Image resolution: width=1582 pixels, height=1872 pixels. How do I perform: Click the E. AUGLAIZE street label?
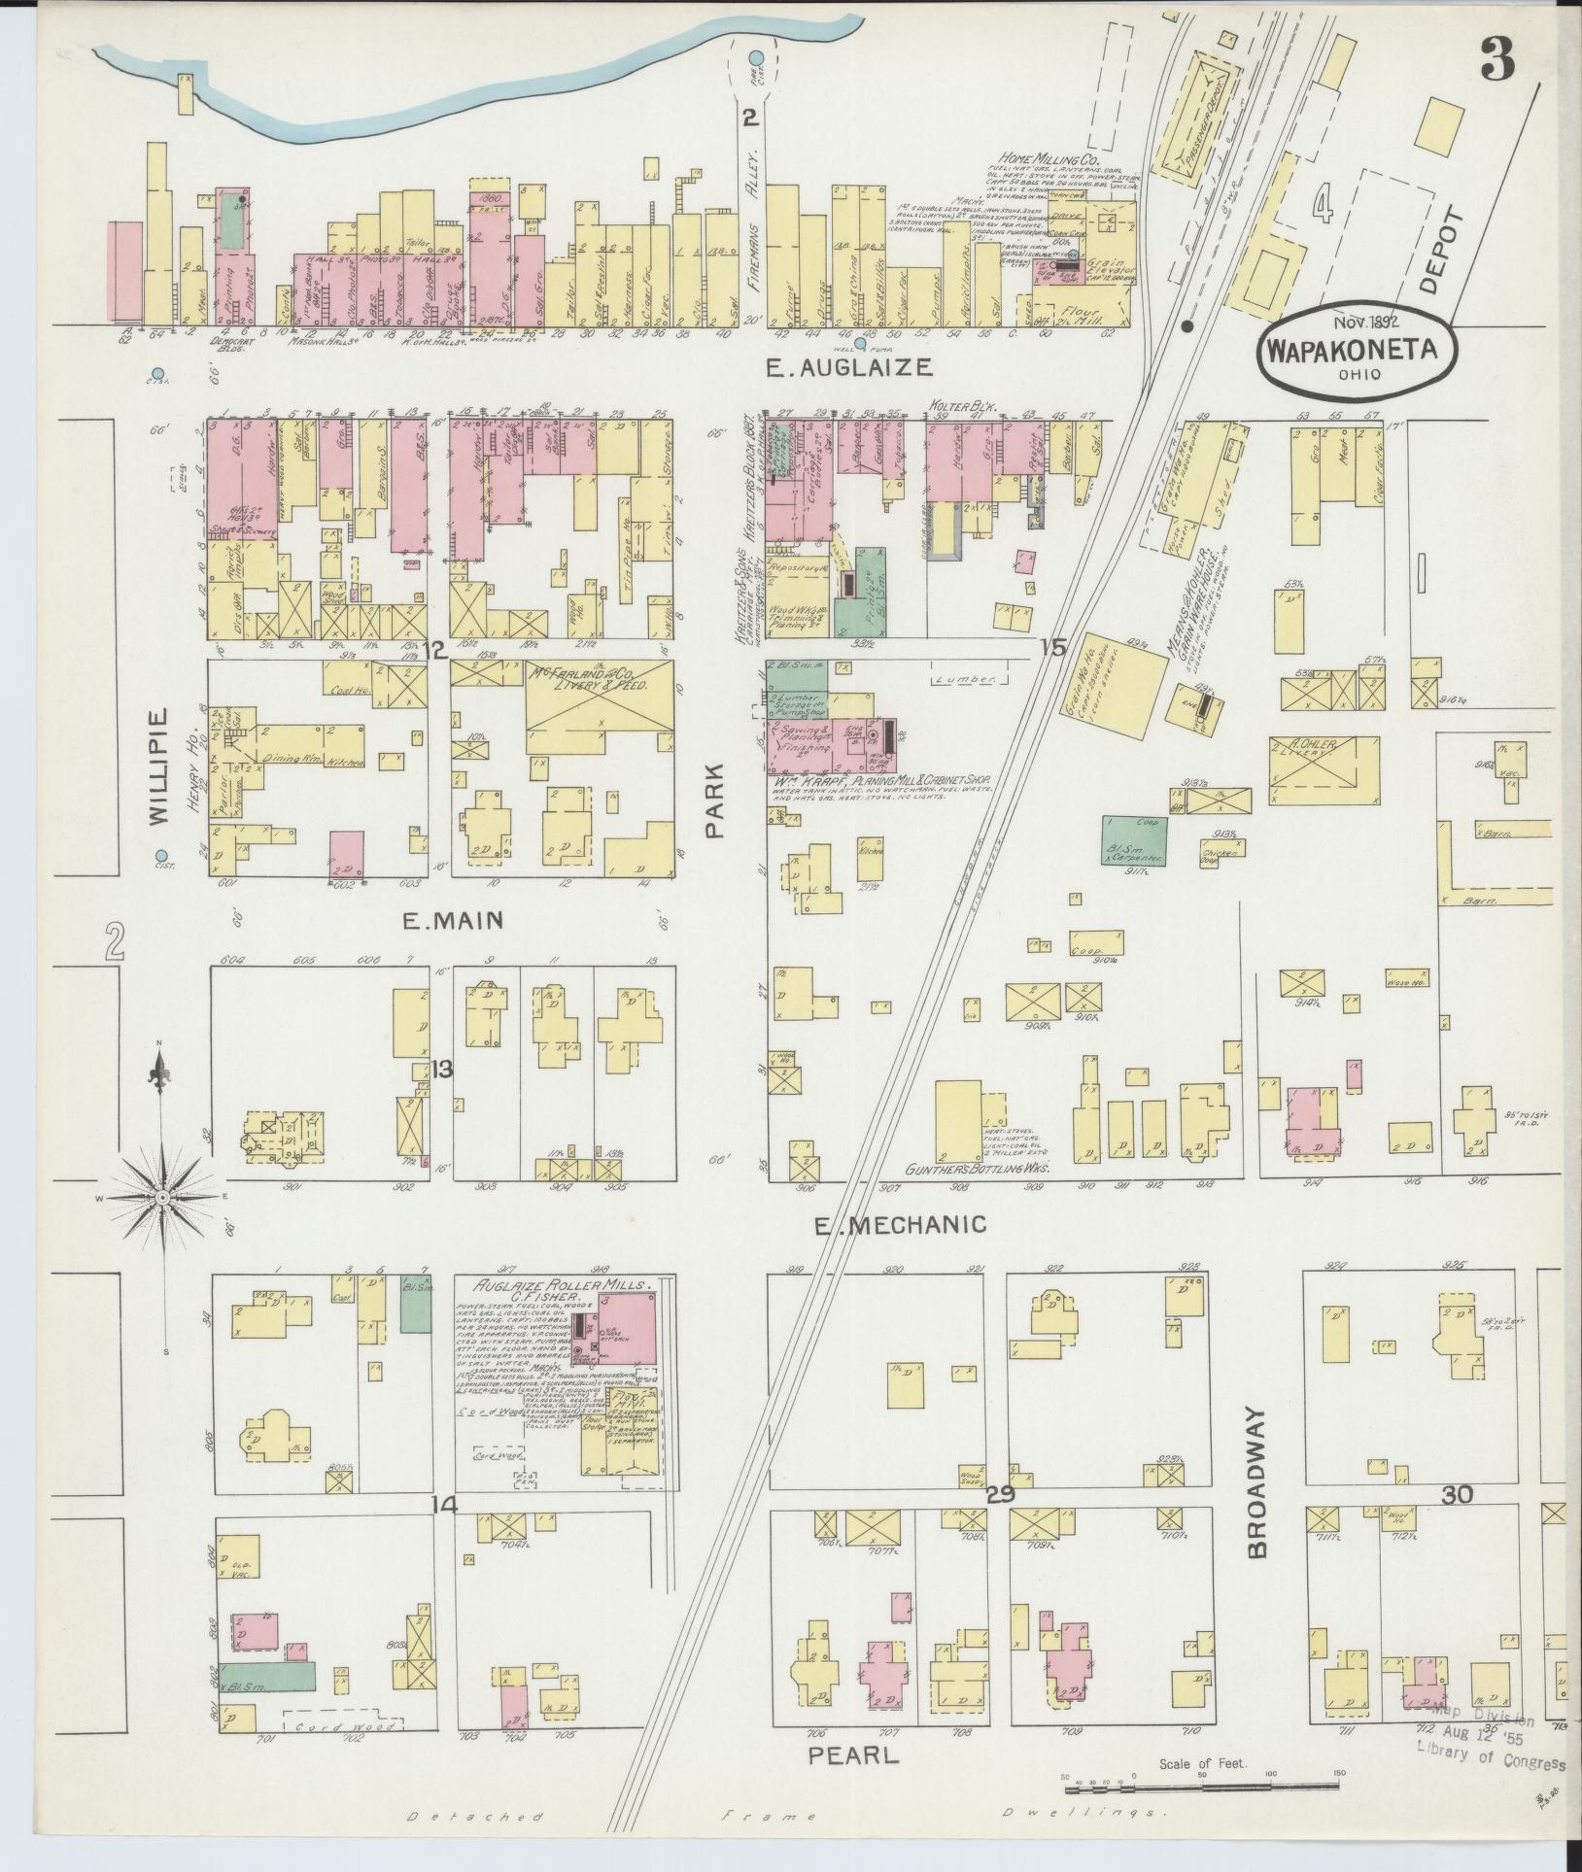click(849, 367)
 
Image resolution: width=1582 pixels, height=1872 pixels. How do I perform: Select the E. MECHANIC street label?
click(900, 1225)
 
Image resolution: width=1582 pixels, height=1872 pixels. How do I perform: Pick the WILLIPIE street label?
click(161, 766)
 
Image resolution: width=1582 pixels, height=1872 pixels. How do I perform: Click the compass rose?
click(162, 1200)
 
